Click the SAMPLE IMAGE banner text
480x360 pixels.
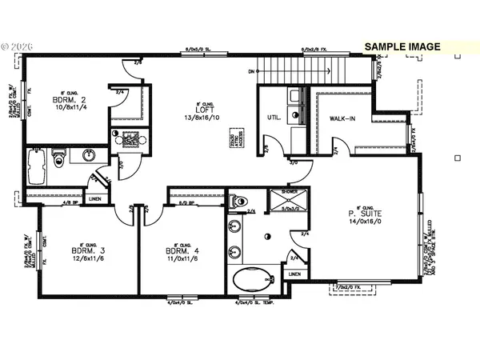(402, 46)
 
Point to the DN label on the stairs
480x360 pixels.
(251, 71)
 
